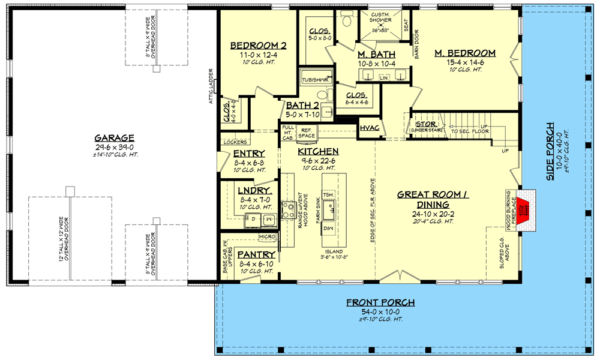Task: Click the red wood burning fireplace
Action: (x=526, y=208)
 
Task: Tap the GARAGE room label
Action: (x=114, y=137)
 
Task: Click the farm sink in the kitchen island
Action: (x=329, y=210)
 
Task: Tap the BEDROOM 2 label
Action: (x=259, y=45)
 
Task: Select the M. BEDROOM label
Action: (x=464, y=53)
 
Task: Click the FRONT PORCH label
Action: (x=380, y=302)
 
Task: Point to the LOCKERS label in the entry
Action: (x=235, y=142)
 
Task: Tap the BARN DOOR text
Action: (x=416, y=45)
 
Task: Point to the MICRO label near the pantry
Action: (x=268, y=237)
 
